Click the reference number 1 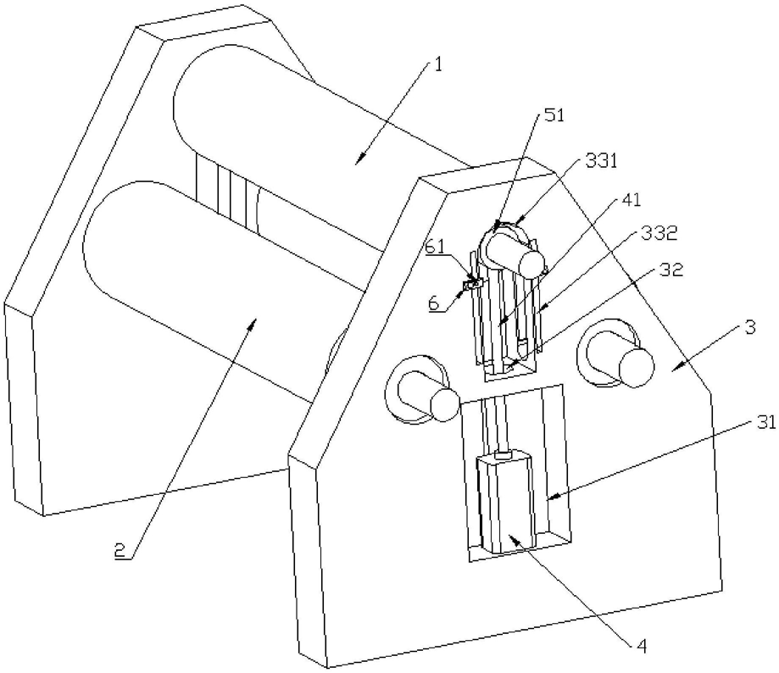click(x=437, y=65)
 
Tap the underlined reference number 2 click(x=120, y=550)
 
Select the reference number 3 click(x=751, y=327)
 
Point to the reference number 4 click(x=643, y=646)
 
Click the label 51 click(x=555, y=115)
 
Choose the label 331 click(x=601, y=161)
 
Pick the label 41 click(x=631, y=200)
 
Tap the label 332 click(x=659, y=233)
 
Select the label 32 click(x=671, y=270)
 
